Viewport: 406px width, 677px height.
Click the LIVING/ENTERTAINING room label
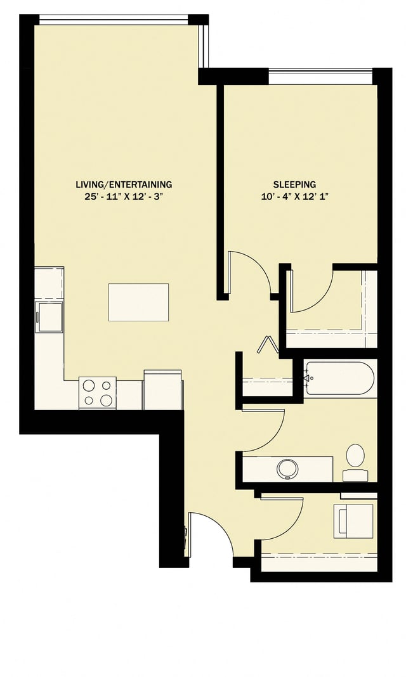click(x=124, y=184)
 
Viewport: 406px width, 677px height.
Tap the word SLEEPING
click(x=294, y=184)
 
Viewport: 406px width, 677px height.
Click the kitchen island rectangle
click(x=138, y=302)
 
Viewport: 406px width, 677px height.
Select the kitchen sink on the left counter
click(x=49, y=316)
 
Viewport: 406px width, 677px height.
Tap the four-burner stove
click(x=98, y=392)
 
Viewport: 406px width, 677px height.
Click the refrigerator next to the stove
click(x=162, y=390)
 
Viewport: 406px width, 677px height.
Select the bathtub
click(x=339, y=378)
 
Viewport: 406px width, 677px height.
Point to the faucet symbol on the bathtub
click(x=308, y=379)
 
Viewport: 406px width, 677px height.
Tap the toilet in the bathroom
click(x=355, y=460)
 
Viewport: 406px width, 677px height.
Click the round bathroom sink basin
click(x=289, y=469)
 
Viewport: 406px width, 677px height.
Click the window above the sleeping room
click(x=320, y=79)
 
